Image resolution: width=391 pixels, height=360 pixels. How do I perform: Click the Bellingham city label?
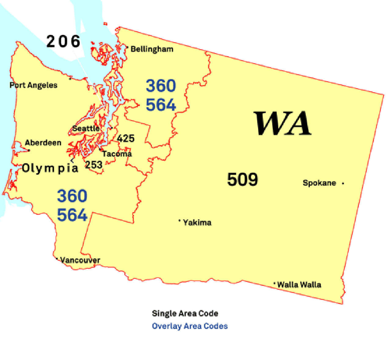click(152, 49)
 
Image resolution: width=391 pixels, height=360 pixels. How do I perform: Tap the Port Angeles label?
click(33, 85)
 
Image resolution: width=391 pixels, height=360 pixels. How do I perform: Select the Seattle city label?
click(86, 128)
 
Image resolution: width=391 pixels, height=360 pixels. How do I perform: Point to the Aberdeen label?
click(43, 143)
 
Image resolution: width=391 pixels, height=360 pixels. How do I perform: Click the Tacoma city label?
click(117, 154)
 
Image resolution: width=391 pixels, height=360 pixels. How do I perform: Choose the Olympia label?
click(50, 168)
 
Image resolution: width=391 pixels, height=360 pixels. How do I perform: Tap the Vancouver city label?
click(80, 260)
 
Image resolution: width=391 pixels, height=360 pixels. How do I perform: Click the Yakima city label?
click(197, 223)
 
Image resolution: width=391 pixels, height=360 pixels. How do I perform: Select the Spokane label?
click(319, 183)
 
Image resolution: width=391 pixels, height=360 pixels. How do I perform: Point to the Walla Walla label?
click(299, 285)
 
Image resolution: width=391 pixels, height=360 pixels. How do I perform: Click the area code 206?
click(63, 41)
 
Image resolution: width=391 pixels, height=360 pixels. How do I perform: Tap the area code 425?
click(126, 139)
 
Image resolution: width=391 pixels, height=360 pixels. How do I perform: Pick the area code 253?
click(93, 165)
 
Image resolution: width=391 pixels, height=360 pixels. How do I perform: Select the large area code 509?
click(243, 179)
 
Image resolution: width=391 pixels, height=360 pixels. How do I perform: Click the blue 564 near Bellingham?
click(161, 105)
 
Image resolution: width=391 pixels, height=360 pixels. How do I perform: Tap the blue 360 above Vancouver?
click(72, 196)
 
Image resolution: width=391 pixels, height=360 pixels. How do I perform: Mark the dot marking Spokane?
click(343, 183)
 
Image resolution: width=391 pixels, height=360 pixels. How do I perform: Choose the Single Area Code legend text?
click(185, 313)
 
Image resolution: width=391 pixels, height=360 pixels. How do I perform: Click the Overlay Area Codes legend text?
click(190, 326)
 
